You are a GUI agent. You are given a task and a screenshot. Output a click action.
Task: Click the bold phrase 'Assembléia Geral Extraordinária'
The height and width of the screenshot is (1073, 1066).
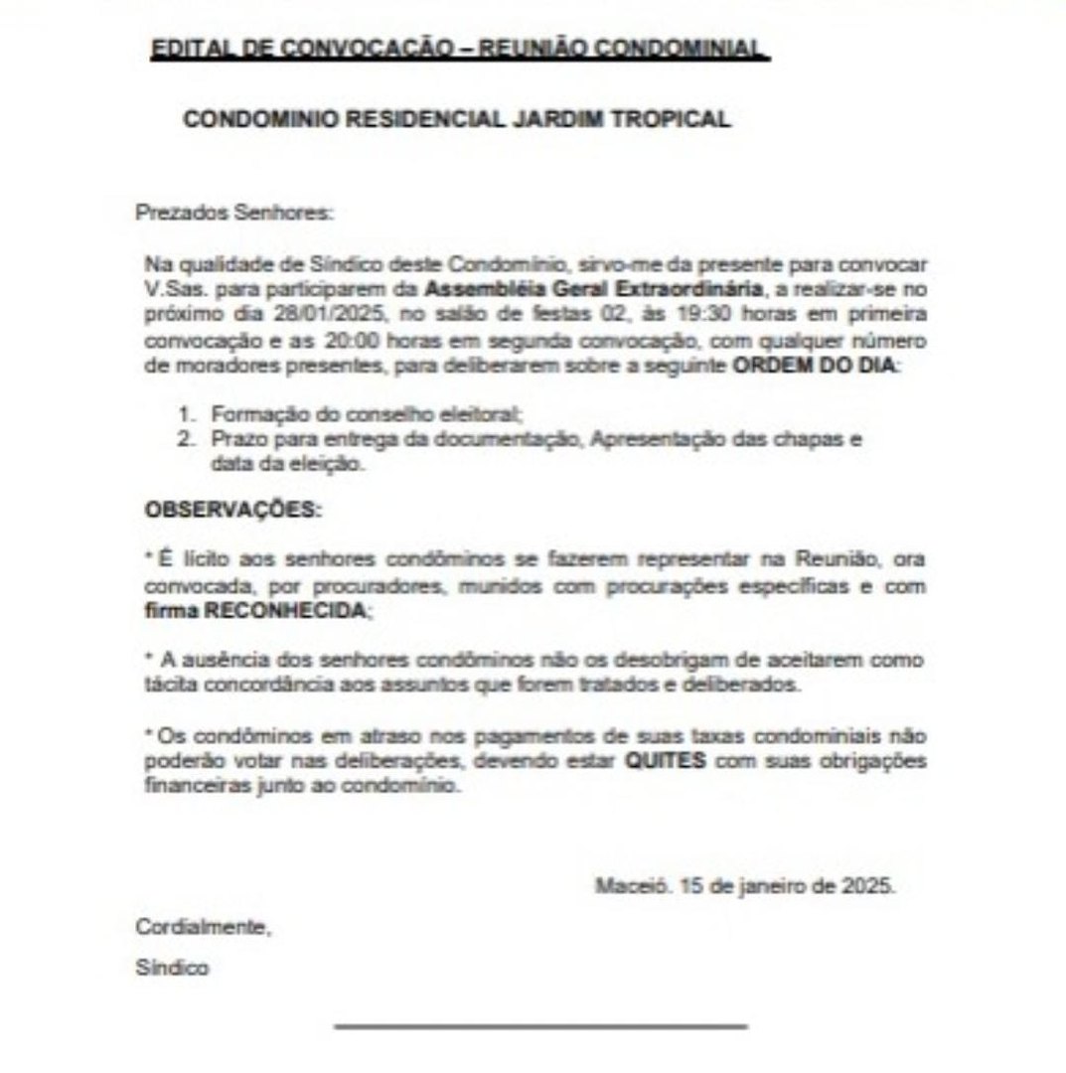coord(593,289)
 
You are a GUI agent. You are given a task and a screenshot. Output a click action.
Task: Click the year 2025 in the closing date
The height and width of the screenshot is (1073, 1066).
coord(872,885)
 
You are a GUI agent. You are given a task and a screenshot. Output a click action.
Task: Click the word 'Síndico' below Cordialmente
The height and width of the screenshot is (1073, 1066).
coord(172,968)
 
